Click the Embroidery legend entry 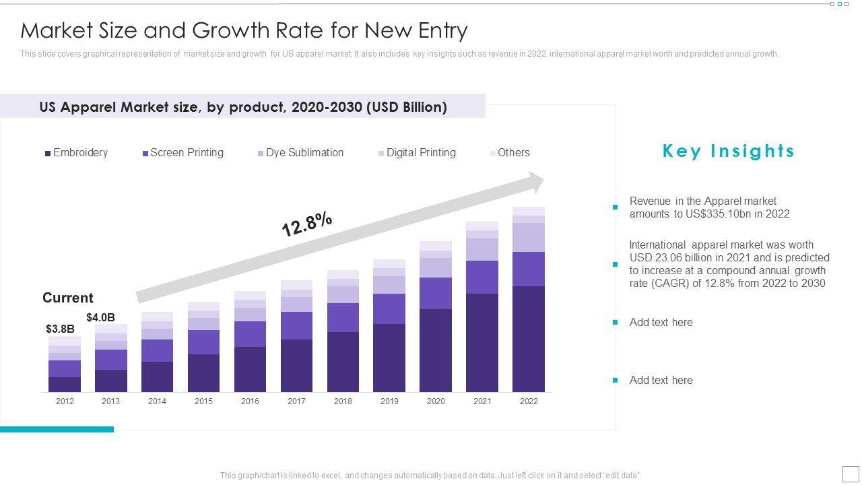tap(76, 153)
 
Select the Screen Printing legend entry tap(183, 153)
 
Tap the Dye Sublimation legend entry tap(300, 153)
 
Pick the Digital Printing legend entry tap(417, 153)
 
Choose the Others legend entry tap(510, 153)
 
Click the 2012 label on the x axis tap(65, 401)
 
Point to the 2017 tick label tap(296, 401)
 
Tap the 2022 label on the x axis tap(529, 401)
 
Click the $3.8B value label tap(60, 329)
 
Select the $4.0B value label tap(100, 317)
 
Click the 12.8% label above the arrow tap(307, 224)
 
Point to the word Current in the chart tap(68, 298)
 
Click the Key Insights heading tap(729, 151)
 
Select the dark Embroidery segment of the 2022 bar tap(529, 339)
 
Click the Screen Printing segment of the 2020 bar tap(436, 293)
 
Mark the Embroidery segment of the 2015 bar tap(203, 373)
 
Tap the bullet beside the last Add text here tap(615, 381)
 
